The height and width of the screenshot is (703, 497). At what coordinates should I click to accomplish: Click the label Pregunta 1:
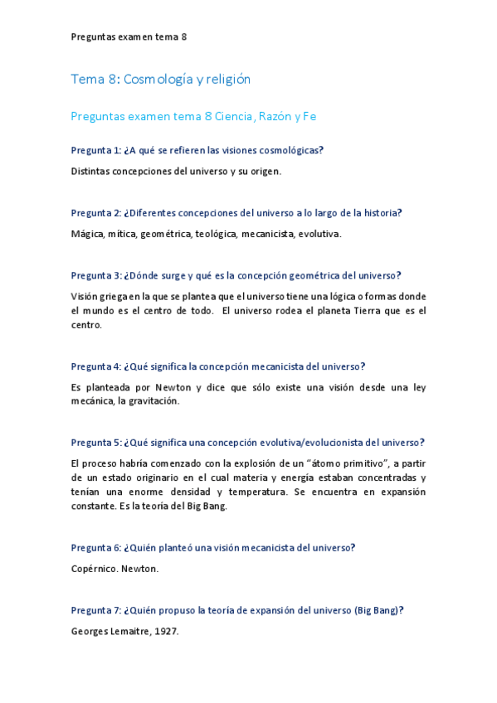pos(95,150)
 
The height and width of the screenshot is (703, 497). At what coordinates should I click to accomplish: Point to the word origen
pos(261,171)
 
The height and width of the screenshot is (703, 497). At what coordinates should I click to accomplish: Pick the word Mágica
pos(87,234)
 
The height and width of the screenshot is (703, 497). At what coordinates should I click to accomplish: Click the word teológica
pos(216,234)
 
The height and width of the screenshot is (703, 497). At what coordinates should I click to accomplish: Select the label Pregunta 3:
pos(95,275)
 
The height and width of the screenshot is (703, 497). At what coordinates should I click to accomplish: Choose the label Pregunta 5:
pos(95,443)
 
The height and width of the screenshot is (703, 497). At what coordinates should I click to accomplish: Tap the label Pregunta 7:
pos(95,610)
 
